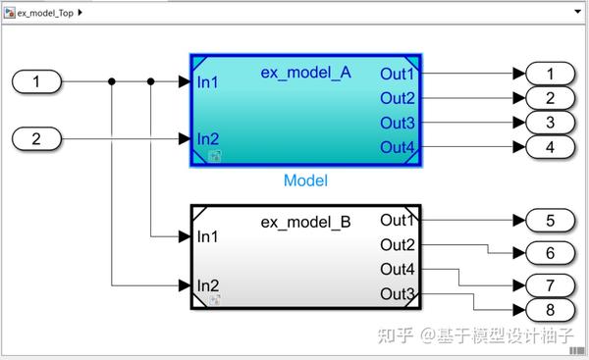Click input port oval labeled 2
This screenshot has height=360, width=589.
tap(37, 138)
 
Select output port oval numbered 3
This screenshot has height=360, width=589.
tap(551, 122)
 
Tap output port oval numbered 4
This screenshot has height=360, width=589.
tap(551, 147)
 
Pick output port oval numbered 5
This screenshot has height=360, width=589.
tap(551, 220)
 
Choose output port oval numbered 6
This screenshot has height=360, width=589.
tap(551, 253)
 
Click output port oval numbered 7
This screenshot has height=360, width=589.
tap(551, 286)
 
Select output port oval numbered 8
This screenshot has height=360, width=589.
tap(551, 310)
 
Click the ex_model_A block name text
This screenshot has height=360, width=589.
tap(305, 72)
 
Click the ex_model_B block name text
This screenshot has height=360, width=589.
tap(305, 222)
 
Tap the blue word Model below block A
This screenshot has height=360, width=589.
tap(305, 180)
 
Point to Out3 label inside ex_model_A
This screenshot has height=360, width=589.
tap(398, 122)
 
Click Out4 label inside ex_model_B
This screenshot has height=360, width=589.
tap(398, 269)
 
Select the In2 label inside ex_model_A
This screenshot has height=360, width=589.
tap(207, 138)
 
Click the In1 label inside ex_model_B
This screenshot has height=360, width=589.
tap(207, 236)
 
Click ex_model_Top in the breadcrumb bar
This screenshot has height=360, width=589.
tap(44, 12)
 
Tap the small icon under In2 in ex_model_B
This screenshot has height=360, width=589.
tap(215, 299)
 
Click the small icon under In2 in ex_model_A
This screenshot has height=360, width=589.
tap(215, 155)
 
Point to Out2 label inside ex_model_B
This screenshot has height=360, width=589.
tap(398, 244)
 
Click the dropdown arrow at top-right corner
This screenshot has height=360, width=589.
tap(576, 12)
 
